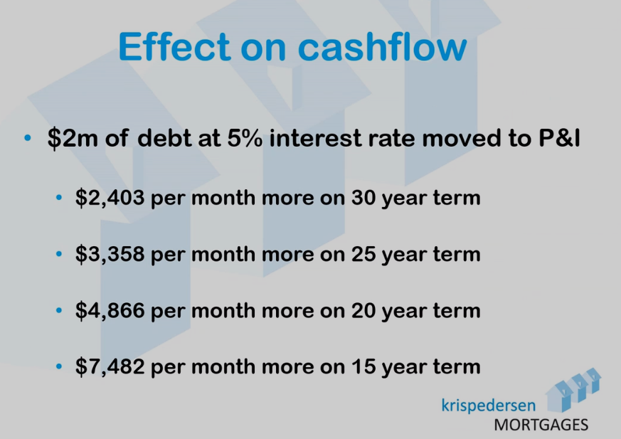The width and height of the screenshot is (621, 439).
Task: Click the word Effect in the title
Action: pos(174,46)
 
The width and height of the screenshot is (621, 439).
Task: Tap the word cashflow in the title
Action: pos(382,46)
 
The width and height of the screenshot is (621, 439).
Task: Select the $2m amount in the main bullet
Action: pos(73,138)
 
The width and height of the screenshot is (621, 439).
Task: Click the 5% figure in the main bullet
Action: pos(245,138)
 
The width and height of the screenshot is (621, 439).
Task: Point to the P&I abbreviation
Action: pos(559,138)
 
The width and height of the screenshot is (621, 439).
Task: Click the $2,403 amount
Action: pos(110,197)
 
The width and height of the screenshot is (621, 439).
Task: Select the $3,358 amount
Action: pos(110,254)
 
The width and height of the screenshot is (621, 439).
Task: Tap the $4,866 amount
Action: pos(110,310)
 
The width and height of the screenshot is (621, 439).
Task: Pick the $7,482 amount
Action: pos(110,366)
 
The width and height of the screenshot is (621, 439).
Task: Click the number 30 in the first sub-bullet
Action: pos(363,197)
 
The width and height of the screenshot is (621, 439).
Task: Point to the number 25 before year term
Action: pos(363,254)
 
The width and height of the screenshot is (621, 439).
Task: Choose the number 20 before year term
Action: pos(363,310)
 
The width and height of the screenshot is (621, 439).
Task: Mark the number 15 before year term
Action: pos(363,366)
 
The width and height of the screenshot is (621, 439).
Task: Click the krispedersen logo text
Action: pos(488,406)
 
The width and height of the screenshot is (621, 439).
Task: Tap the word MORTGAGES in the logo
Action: pos(541,425)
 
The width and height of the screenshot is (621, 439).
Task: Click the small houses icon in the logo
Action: pos(573,389)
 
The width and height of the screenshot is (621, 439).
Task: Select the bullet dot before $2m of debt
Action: pos(27,138)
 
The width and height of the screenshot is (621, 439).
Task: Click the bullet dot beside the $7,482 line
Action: pos(59,366)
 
